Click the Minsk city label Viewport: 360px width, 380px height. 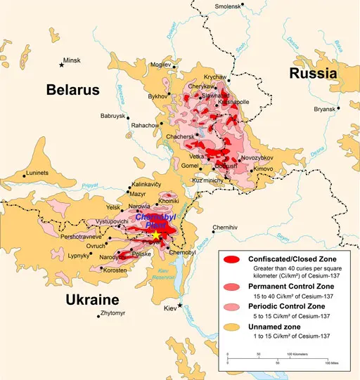(x=72, y=61)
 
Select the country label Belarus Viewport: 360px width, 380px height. (x=73, y=89)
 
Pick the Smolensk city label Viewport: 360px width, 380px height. (x=224, y=7)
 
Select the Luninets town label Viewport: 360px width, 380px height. (x=37, y=173)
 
